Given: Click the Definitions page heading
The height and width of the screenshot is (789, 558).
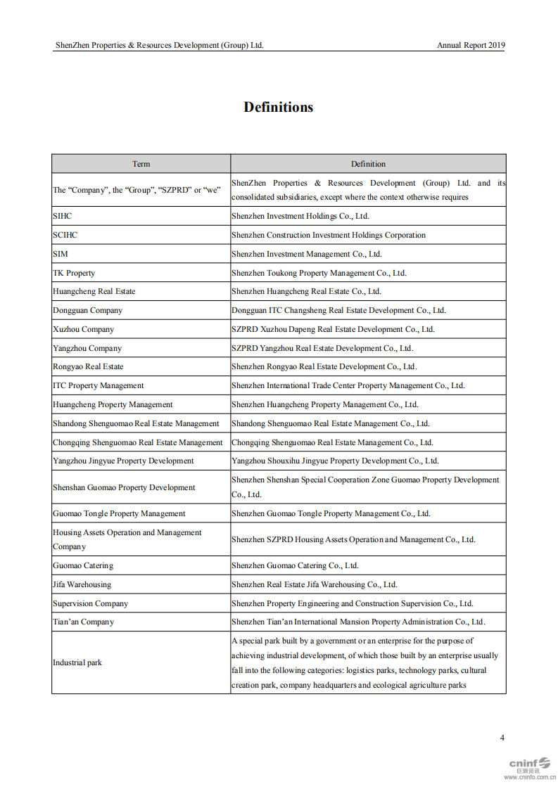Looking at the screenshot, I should pos(278,107).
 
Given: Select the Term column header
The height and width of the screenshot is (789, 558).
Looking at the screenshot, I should pos(141,164).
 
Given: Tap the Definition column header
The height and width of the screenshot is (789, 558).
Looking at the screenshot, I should pos(368,164).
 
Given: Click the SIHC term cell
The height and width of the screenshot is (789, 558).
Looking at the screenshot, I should pos(63,216).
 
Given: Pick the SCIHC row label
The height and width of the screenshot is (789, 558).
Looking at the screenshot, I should pos(65,235).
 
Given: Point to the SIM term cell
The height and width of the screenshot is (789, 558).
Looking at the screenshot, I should pos(61,254).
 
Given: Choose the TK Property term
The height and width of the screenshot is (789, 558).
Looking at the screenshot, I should pos(74,273).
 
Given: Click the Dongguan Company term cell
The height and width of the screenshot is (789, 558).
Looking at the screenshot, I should pos(87,310).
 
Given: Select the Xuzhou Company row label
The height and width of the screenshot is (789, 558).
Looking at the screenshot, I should pos(83,329).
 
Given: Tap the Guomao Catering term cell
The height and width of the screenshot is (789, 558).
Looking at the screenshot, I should pos(83,565).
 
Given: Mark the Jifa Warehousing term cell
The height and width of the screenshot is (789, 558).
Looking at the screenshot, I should pos(82,584).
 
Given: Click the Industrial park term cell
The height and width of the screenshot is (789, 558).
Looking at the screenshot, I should pos(77,662).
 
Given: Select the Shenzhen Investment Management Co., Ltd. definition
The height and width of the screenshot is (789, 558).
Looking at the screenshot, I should pos(306,254).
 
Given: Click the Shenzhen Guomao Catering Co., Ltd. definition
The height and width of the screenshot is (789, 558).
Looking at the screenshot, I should pos(295,565).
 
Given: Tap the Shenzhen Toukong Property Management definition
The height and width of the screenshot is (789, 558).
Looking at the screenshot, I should pos(319,273).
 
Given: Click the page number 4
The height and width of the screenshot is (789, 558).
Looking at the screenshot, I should pos(502,738).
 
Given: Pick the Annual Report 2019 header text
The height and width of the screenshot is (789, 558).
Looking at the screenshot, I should pos(471,45).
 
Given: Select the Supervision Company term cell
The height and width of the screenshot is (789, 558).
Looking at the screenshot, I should pos(90,603).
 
